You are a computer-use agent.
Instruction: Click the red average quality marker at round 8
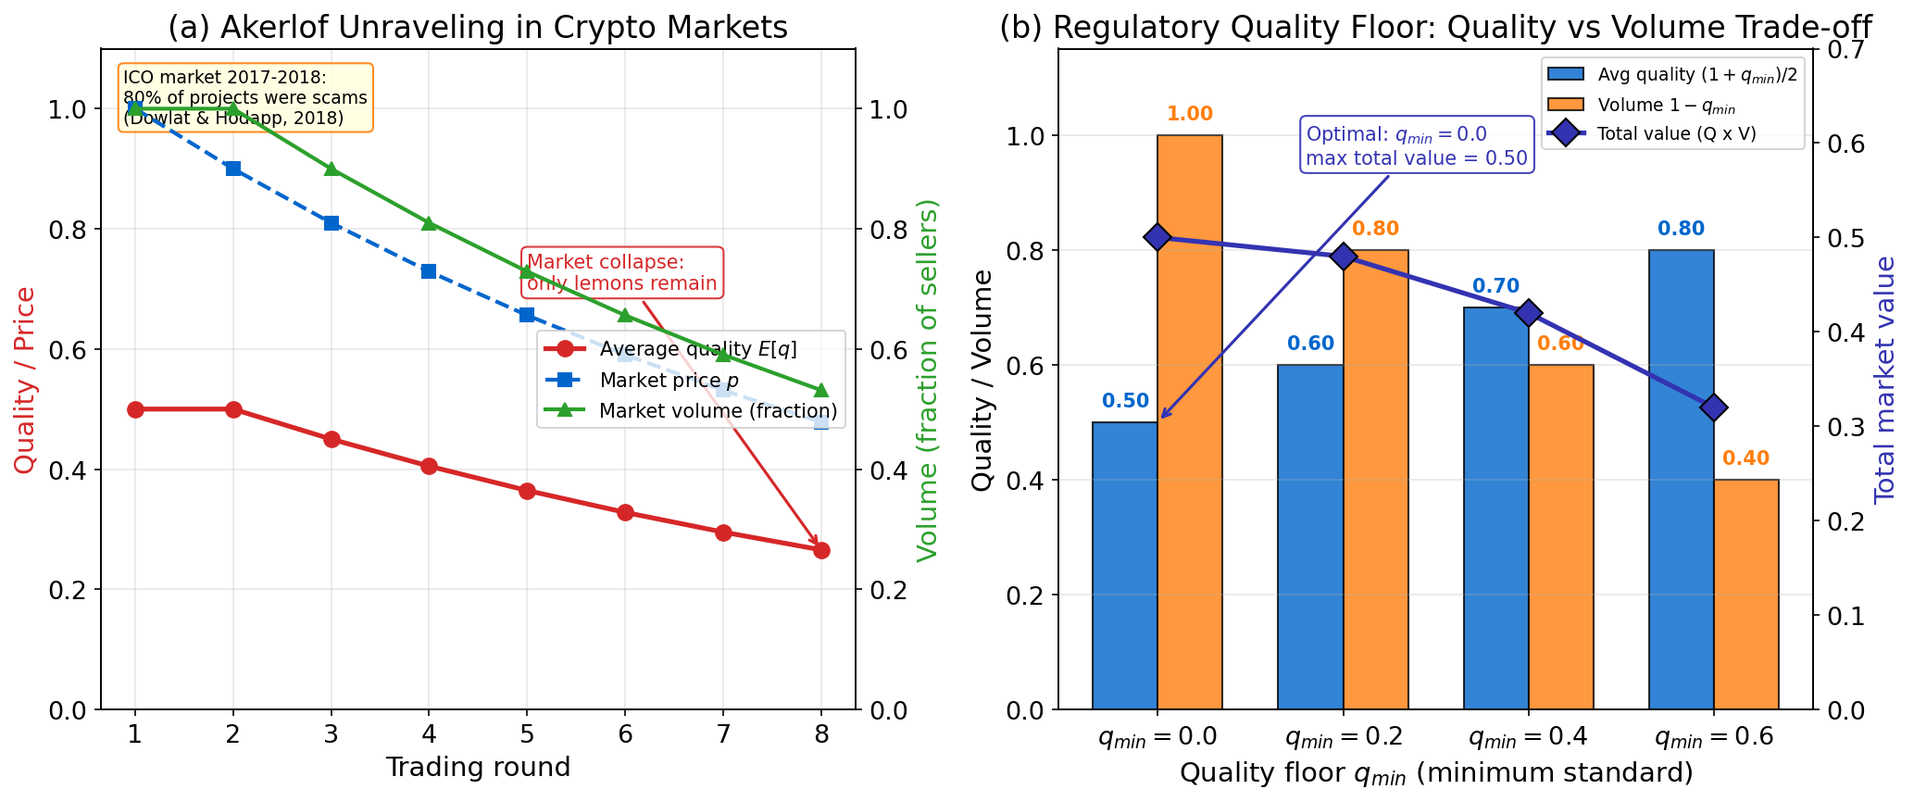pos(820,550)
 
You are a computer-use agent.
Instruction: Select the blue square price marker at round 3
pos(332,223)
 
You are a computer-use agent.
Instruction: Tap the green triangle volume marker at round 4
pos(429,223)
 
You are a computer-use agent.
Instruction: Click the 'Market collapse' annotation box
pos(621,273)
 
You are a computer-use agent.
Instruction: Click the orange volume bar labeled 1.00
pos(1190,421)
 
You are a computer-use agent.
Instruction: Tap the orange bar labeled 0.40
pos(1746,594)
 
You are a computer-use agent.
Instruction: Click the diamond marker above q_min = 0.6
pos(1713,407)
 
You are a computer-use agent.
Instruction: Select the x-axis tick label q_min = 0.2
pos(1344,738)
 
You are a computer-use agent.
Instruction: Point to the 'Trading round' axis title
pos(478,768)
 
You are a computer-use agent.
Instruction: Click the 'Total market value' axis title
pos(1885,380)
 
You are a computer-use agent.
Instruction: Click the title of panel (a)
pos(478,28)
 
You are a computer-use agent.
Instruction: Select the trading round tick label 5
pos(527,735)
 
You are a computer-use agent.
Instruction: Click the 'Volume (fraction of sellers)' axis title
pos(928,380)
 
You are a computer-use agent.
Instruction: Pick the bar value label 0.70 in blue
pos(1495,287)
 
